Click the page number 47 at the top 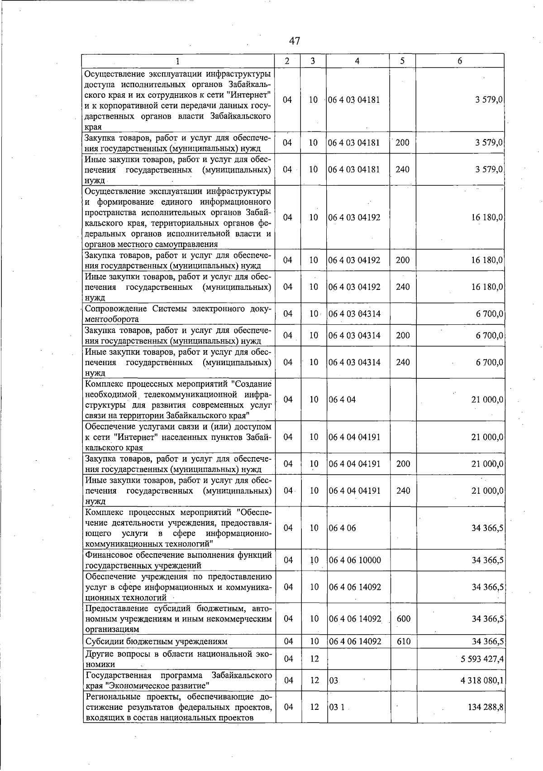[294, 41]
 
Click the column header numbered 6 [460, 61]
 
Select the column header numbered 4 [357, 61]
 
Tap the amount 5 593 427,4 [482, 659]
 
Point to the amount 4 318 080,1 [482, 680]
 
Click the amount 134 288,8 [486, 707]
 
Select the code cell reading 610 [403, 641]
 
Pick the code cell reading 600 [403, 618]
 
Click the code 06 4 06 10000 [355, 560]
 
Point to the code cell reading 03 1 [337, 707]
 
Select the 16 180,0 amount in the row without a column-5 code [487, 217]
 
